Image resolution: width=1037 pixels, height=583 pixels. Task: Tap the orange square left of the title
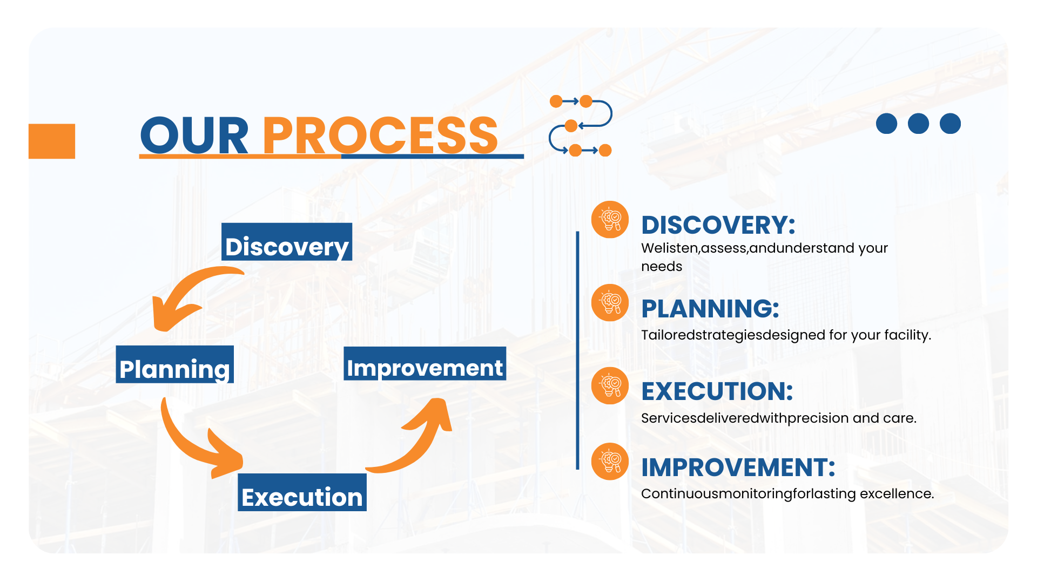tap(52, 141)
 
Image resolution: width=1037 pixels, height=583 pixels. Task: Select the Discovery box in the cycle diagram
tap(287, 242)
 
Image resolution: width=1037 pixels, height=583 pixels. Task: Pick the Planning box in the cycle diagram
tap(175, 364)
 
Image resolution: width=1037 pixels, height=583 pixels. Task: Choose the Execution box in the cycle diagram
tap(302, 492)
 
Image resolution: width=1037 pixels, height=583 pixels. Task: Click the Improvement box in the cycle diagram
tap(425, 363)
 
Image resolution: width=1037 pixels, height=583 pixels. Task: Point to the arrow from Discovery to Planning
tap(184, 291)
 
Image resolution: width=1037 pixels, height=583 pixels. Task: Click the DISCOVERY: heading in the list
tap(718, 225)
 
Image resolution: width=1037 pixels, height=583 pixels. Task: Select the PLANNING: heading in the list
tap(710, 309)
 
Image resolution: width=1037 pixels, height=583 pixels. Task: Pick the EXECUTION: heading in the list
tap(717, 391)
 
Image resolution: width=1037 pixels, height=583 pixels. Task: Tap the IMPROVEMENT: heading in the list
tap(738, 467)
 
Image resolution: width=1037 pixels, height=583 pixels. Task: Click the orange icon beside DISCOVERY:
tap(610, 220)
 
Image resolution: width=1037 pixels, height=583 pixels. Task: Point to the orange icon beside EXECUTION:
tap(610, 386)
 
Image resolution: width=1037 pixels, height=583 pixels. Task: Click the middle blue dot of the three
tap(918, 124)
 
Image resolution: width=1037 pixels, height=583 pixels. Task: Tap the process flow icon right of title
tap(581, 126)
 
